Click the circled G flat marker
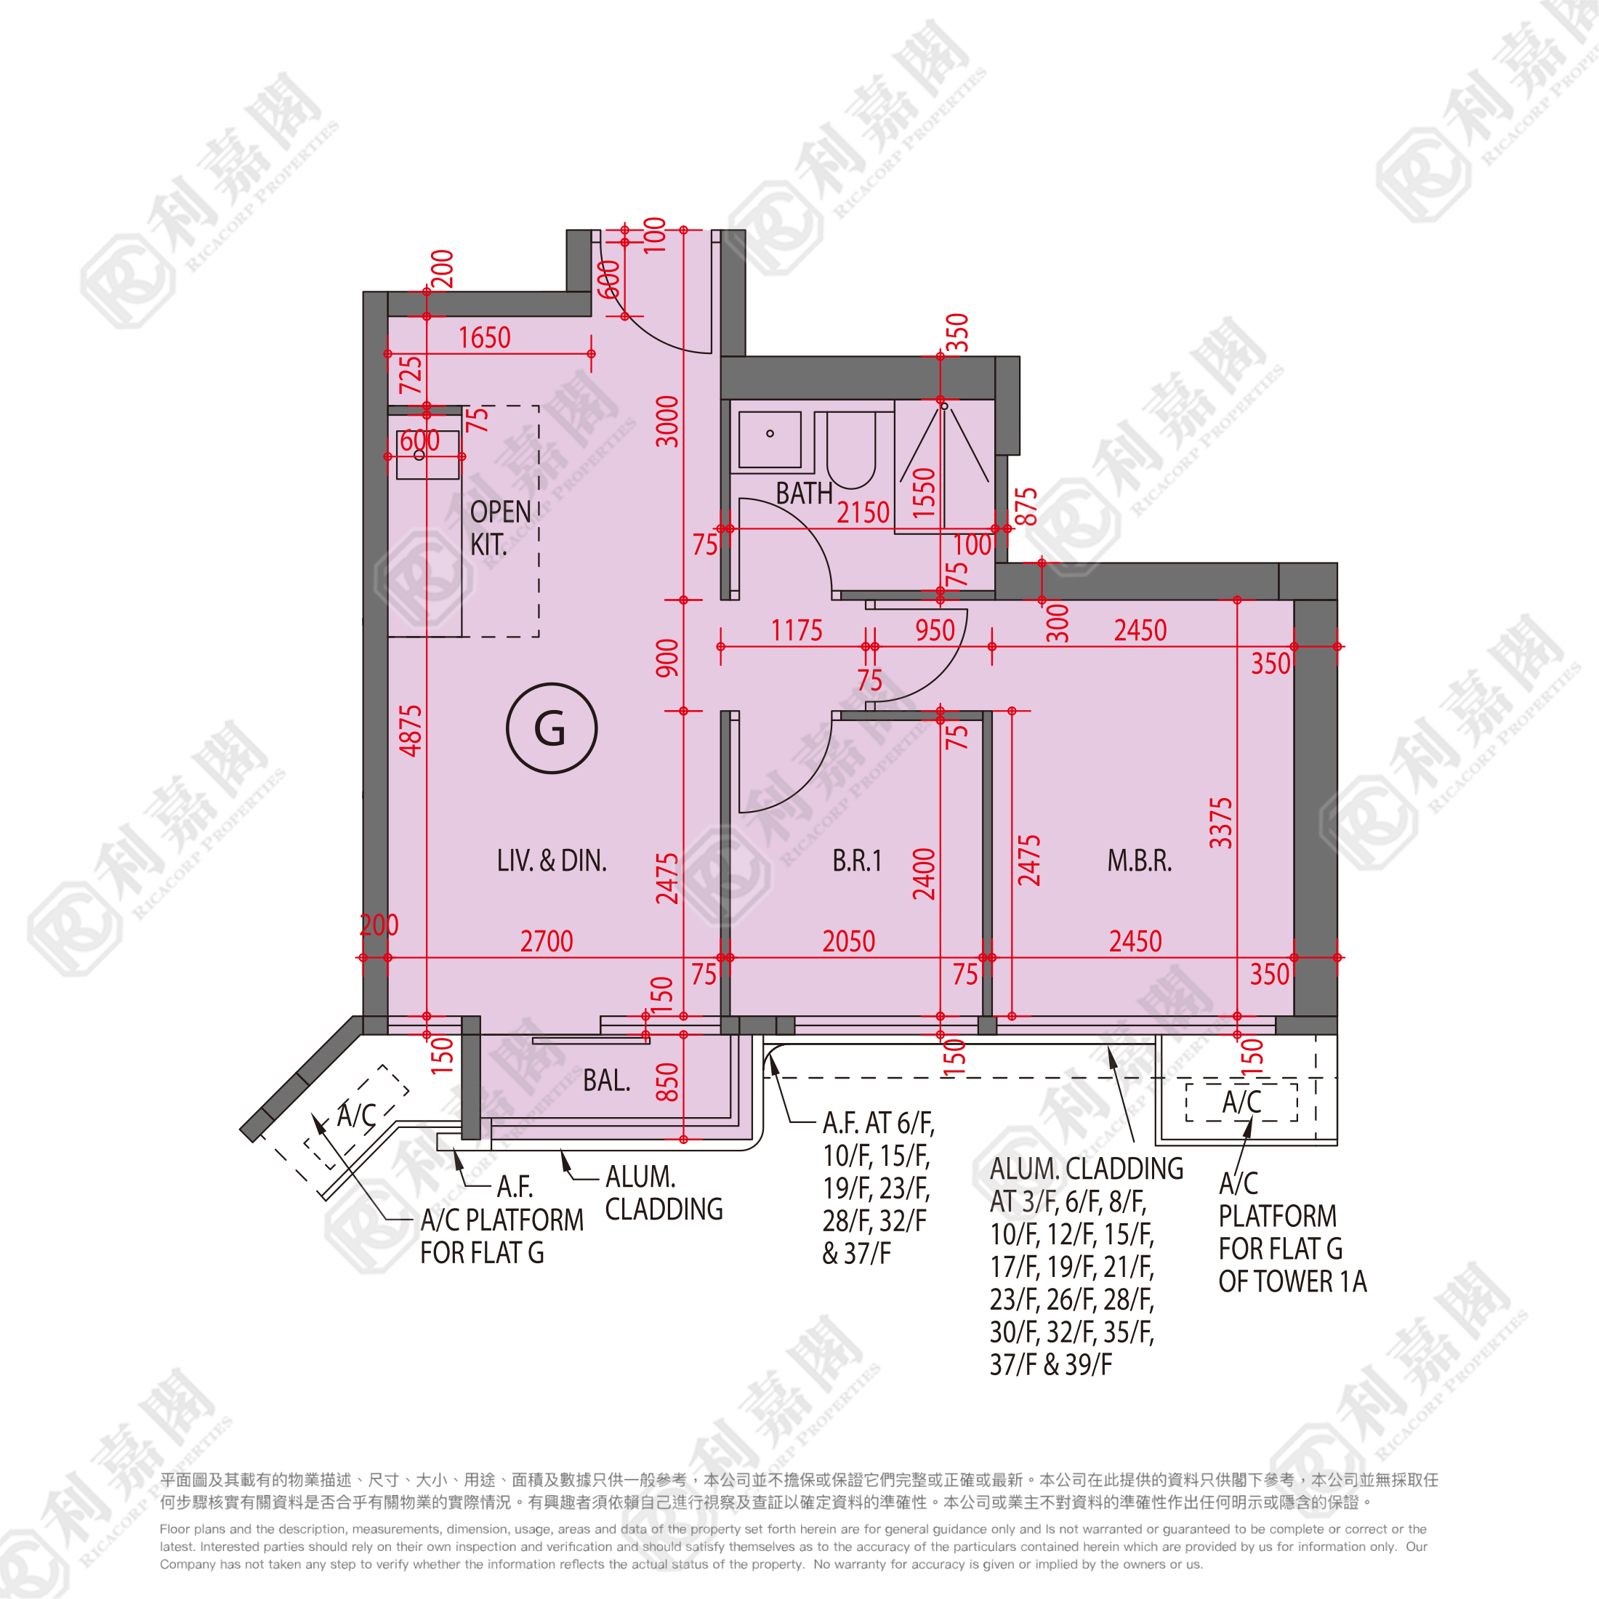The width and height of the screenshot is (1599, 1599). point(551,728)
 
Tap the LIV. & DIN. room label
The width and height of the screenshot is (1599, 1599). point(551,861)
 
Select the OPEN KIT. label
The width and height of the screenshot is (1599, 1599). point(500,528)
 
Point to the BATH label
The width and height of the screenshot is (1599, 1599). point(804,494)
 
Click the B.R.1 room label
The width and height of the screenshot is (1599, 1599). point(857,861)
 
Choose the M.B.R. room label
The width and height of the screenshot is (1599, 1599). point(1139,861)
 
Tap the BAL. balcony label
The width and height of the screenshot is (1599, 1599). point(606,1080)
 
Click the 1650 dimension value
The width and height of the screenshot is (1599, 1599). point(484,338)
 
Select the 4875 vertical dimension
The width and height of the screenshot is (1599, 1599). point(411,730)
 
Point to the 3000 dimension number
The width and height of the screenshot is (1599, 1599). point(667,422)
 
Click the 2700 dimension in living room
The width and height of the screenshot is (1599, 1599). point(547,941)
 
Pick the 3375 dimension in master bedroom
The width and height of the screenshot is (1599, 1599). point(1221,823)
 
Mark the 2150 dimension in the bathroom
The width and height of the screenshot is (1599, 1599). point(863,513)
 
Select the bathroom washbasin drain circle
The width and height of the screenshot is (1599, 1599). point(770,434)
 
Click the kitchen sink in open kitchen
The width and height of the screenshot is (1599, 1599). point(427,454)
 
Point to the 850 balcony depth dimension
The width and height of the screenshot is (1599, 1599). point(667,1082)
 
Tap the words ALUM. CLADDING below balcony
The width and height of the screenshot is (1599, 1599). point(664,1193)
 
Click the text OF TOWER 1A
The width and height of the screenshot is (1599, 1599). point(1292,1281)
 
